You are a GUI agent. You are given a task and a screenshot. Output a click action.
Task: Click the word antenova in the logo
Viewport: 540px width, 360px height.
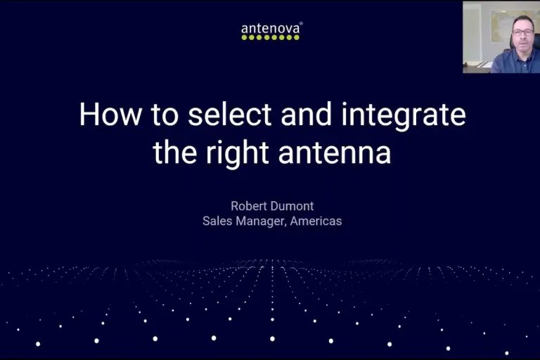coord(271,29)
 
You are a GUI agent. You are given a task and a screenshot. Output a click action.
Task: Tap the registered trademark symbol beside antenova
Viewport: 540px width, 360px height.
coord(302,25)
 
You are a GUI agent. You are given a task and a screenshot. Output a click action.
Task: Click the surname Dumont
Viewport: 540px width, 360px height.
coord(294,205)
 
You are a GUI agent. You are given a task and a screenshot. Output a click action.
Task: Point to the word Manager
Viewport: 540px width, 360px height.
coord(259,221)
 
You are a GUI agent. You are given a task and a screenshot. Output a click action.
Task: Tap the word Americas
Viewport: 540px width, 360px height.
coord(316,221)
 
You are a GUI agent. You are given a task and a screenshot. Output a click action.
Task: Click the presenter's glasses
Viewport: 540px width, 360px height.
coord(522,31)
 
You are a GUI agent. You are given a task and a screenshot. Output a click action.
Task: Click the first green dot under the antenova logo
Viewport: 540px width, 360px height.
coord(244,38)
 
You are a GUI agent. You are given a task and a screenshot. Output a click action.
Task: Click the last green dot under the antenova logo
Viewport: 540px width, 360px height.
coord(297,38)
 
